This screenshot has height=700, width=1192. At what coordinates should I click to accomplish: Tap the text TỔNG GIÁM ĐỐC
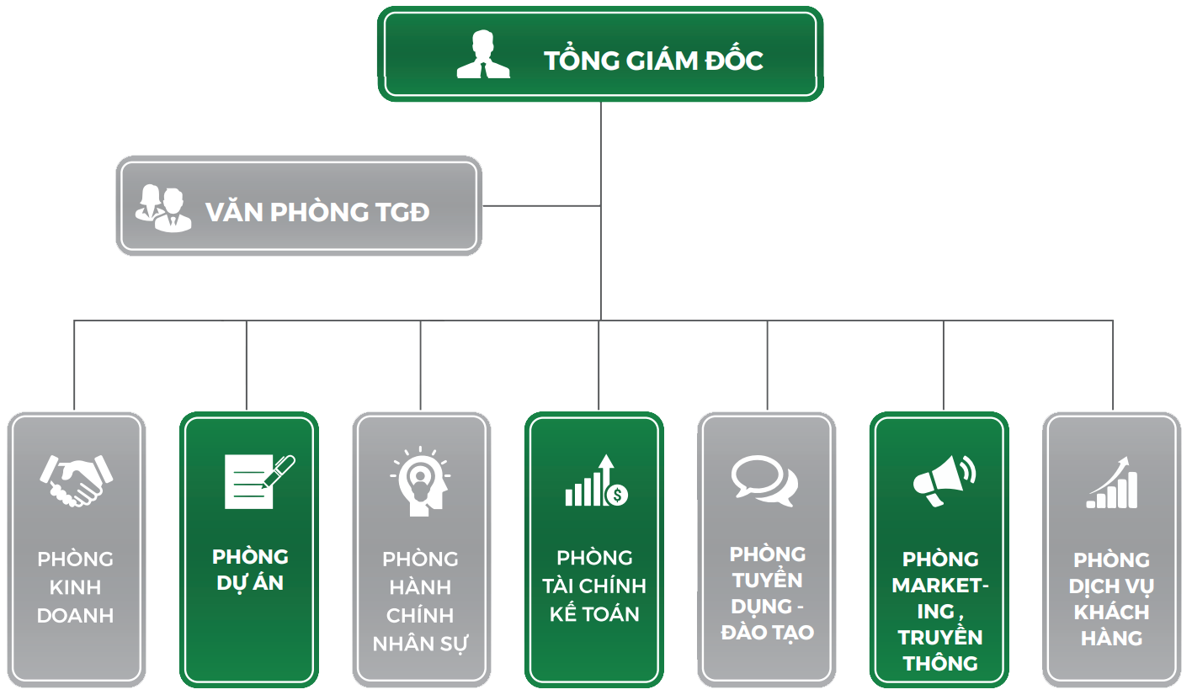point(653,61)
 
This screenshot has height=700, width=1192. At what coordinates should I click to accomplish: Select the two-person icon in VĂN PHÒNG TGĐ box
point(163,208)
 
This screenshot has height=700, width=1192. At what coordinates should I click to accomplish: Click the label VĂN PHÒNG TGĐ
point(317,212)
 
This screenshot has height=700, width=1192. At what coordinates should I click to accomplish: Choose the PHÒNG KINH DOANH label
point(76,587)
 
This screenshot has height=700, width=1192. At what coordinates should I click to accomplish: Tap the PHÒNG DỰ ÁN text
point(250,570)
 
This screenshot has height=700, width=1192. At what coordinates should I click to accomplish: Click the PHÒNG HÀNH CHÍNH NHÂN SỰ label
point(420,601)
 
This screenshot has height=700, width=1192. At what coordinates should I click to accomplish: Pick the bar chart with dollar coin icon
point(596,482)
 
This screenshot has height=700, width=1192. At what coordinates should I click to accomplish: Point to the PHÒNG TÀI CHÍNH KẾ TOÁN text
point(594,586)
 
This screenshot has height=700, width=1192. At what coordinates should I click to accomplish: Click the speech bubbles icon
point(764,480)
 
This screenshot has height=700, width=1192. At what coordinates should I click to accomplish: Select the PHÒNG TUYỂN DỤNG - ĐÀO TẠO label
point(767,592)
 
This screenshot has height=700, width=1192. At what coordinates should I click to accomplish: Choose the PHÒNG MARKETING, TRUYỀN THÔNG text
point(940,611)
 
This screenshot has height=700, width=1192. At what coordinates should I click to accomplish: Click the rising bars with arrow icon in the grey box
point(1113,484)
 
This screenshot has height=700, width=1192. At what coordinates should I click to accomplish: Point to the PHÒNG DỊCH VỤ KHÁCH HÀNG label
point(1111,599)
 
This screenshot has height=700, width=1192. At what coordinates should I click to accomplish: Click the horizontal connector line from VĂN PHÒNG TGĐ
point(541,206)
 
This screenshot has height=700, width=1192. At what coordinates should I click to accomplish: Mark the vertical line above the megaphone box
point(943,366)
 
